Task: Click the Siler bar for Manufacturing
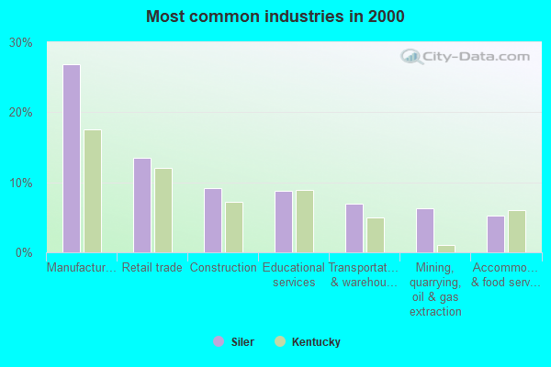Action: click(x=72, y=159)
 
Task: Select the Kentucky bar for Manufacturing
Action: click(x=93, y=191)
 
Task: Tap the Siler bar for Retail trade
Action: click(x=142, y=206)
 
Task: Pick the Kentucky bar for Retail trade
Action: click(x=163, y=210)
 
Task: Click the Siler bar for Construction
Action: click(x=213, y=220)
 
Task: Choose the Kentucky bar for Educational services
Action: click(x=305, y=221)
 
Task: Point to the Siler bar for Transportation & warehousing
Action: click(x=354, y=228)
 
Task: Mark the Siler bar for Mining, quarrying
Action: click(x=425, y=230)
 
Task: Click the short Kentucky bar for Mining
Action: click(x=446, y=249)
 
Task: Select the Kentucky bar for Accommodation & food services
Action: click(x=517, y=231)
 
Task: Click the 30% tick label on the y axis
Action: click(x=21, y=43)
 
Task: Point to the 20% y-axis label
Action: click(x=21, y=113)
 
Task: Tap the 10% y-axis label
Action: click(x=21, y=183)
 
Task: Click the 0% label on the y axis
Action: click(x=25, y=252)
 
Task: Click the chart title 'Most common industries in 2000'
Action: click(x=275, y=17)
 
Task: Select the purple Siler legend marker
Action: click(x=219, y=342)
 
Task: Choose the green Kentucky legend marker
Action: click(x=279, y=342)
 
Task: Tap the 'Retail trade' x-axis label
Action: click(x=152, y=268)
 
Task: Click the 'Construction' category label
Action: click(x=223, y=268)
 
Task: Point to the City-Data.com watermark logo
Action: click(x=467, y=57)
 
